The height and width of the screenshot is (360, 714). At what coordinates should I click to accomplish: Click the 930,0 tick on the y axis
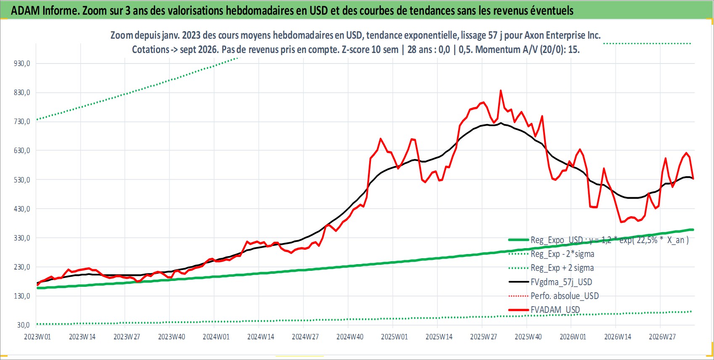click(22, 64)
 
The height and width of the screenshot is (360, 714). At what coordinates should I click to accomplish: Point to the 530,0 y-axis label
click(22, 180)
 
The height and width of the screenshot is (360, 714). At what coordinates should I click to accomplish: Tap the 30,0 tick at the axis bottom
click(24, 325)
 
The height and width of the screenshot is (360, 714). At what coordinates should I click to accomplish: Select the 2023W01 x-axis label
click(37, 337)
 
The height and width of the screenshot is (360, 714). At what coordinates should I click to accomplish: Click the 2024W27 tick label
click(305, 337)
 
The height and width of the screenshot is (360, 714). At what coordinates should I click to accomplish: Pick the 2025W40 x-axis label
click(528, 337)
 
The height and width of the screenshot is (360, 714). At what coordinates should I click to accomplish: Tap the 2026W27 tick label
click(662, 337)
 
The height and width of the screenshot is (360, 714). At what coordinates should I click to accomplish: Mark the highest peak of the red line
click(501, 90)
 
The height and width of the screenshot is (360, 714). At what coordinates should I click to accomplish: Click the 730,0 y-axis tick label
click(22, 122)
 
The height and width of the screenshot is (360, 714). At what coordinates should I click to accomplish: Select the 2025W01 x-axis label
click(394, 337)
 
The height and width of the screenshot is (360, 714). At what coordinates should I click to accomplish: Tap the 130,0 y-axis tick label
click(22, 296)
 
